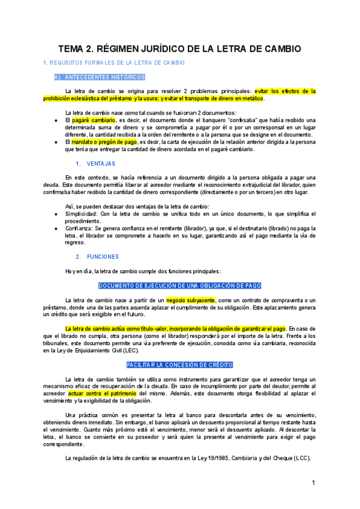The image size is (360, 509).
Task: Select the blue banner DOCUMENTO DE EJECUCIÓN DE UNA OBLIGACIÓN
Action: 179,285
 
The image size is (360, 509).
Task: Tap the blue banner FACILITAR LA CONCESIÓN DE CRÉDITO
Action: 179,365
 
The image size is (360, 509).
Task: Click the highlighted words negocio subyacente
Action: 190,300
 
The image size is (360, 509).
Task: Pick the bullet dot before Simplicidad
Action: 56,214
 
